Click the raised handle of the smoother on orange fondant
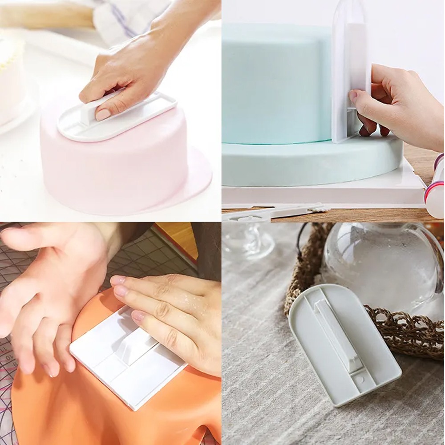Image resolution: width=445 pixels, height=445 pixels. pyautogui.click(x=133, y=345)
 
